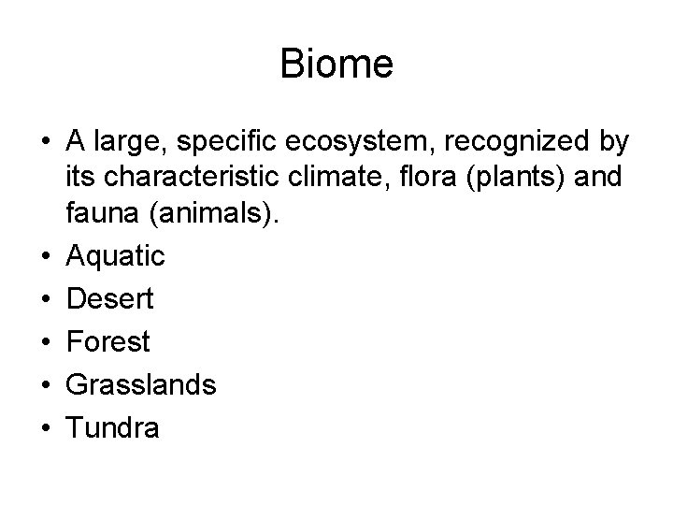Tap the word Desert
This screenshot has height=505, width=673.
pyautogui.click(x=110, y=299)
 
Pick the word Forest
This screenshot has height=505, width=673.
pyautogui.click(x=107, y=342)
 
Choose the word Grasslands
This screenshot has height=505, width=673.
pyautogui.click(x=141, y=385)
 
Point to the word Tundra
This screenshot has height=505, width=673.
pyautogui.click(x=113, y=427)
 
